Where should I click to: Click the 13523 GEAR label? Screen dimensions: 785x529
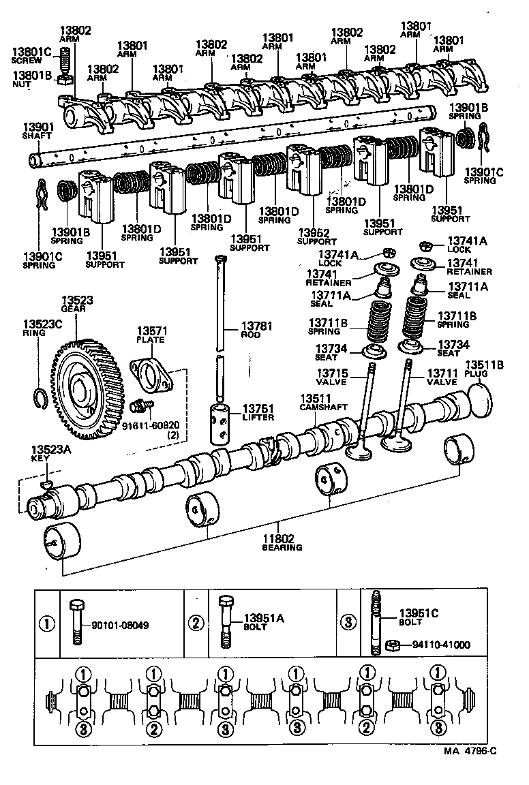point(77,304)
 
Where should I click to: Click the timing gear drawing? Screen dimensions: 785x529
point(87,389)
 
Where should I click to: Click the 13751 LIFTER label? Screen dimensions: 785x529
point(257,413)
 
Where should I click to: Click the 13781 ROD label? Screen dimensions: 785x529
point(256,330)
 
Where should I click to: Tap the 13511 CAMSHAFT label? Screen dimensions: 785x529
point(315,402)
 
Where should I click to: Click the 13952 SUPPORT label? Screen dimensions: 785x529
point(317,236)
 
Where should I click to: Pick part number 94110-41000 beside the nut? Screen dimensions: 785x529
point(440,644)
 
